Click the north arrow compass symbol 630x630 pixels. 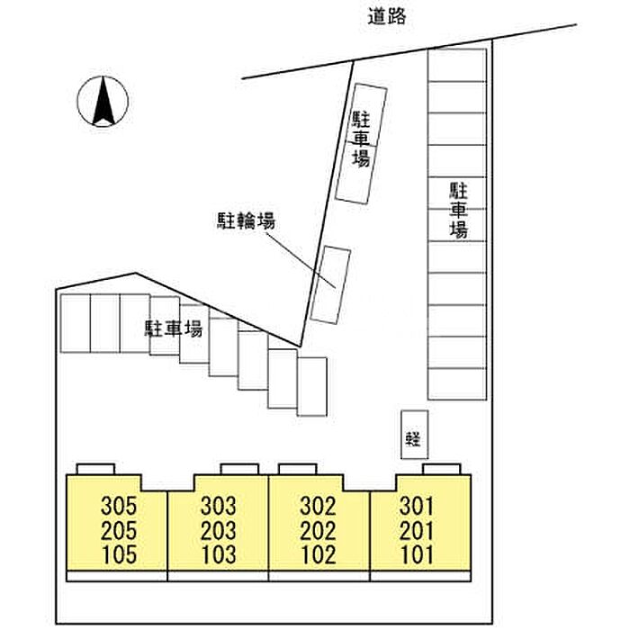click(x=103, y=101)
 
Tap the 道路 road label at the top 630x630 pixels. click(x=387, y=17)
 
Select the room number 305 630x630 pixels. click(x=119, y=506)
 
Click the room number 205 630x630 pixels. click(x=119, y=531)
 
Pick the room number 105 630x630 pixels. click(x=119, y=555)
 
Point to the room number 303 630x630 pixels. click(x=219, y=506)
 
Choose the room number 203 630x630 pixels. click(x=219, y=531)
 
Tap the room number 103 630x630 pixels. click(x=219, y=555)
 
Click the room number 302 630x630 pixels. click(x=319, y=506)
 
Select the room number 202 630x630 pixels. click(x=319, y=531)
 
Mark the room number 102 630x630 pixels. click(x=319, y=555)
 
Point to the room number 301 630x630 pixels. click(x=417, y=506)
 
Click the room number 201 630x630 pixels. click(x=417, y=531)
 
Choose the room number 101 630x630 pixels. click(x=418, y=555)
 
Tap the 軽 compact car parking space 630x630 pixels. click(x=415, y=435)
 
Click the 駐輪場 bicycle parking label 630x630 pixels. click(x=247, y=221)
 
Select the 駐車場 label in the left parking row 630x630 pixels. click(x=174, y=328)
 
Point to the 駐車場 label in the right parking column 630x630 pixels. click(x=458, y=210)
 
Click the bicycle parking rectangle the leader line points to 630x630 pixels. click(x=330, y=285)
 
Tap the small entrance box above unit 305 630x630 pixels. click(x=95, y=469)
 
